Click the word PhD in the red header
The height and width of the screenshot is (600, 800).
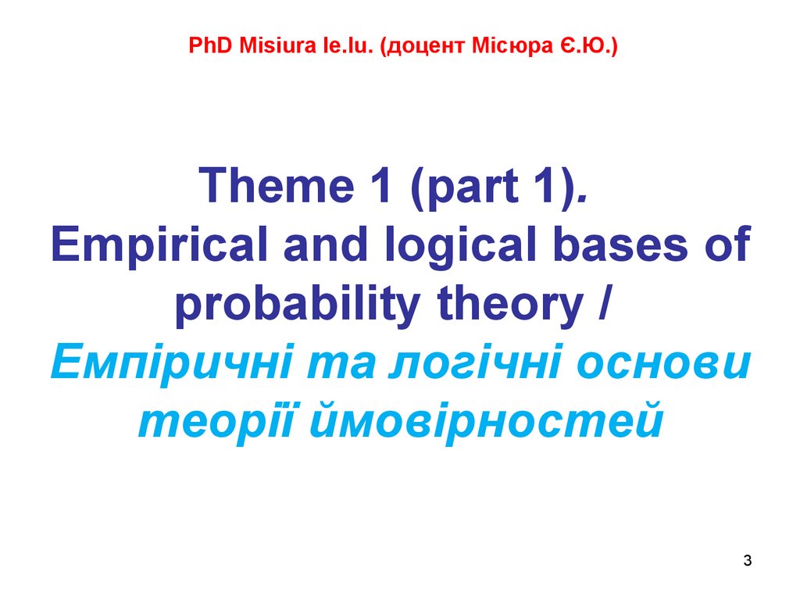210,45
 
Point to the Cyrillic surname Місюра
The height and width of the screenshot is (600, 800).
512,46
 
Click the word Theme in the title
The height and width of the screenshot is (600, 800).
277,184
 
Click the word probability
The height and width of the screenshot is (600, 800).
298,304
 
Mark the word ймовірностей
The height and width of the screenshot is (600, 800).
486,421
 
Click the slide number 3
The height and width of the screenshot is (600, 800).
748,560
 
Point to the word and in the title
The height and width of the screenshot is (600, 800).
326,244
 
